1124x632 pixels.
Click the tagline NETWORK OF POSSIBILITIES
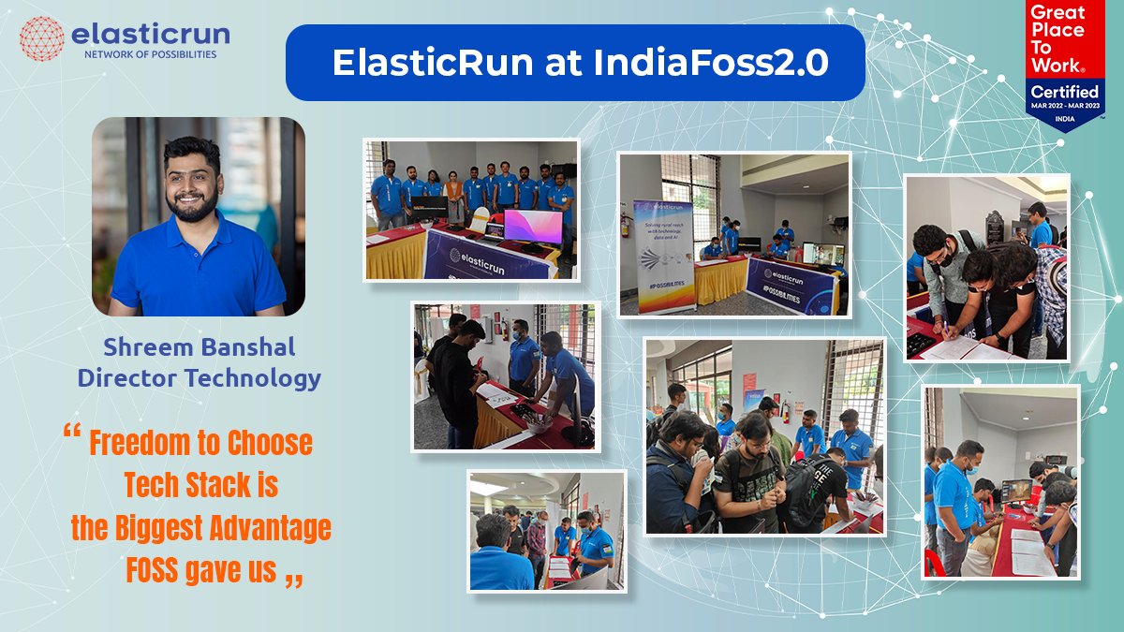pos(150,55)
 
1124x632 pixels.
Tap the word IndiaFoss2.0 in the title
pos(711,62)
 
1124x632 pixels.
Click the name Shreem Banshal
pos(199,347)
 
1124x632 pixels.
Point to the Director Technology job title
pos(199,378)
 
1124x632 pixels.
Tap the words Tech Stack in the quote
pos(200,486)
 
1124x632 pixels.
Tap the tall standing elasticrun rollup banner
pos(664,255)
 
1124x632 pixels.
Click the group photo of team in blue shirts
pos(471,210)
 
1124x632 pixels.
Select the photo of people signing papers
pos(986,268)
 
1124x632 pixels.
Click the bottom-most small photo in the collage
pos(547,531)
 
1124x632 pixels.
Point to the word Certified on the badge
pos(1064,92)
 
